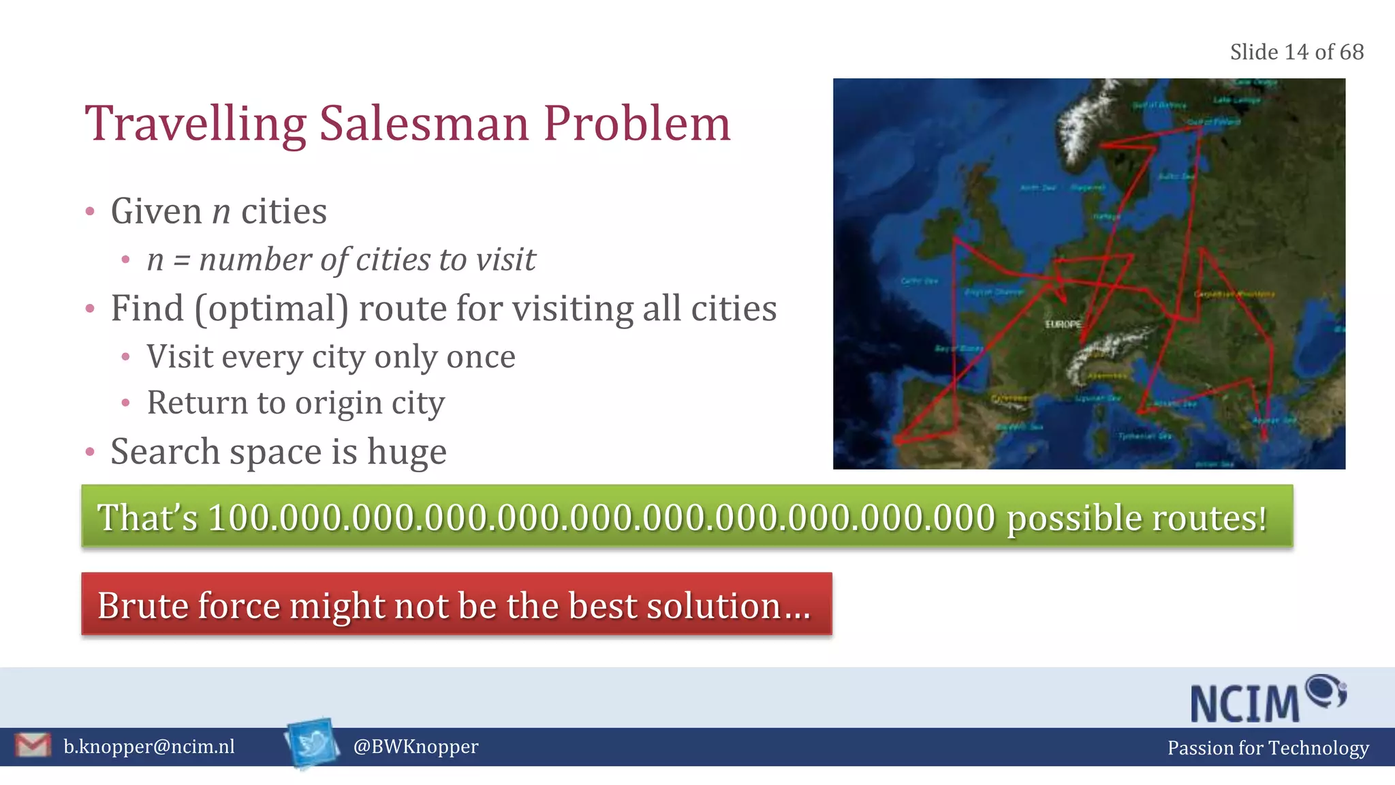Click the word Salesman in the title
[424, 124]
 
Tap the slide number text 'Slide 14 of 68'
[1296, 52]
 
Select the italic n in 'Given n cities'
[221, 212]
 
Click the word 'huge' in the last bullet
[407, 452]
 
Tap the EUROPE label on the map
[1063, 324]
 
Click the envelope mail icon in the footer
[33, 745]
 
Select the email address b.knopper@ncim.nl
[149, 747]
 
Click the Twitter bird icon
[313, 743]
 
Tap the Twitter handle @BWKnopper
[416, 747]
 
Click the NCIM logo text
[1244, 704]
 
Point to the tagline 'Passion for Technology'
[1268, 748]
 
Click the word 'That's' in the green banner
[147, 518]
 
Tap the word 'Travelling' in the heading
[195, 124]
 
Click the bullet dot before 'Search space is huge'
[90, 452]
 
